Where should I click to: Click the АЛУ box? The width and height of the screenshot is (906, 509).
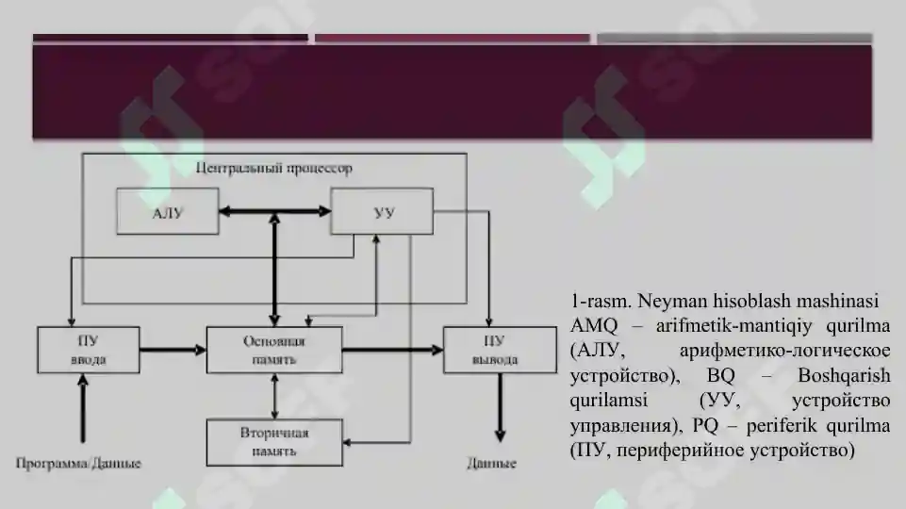pyautogui.click(x=168, y=211)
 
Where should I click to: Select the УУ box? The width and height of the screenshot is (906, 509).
pyautogui.click(x=382, y=211)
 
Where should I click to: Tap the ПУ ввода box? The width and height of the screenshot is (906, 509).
pyautogui.click(x=89, y=350)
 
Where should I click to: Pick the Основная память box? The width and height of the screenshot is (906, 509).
pyautogui.click(x=274, y=350)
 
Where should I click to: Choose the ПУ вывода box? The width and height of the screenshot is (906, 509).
pyautogui.click(x=500, y=350)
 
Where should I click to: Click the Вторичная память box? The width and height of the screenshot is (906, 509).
pyautogui.click(x=274, y=443)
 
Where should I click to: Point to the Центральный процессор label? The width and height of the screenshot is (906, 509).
pyautogui.click(x=274, y=168)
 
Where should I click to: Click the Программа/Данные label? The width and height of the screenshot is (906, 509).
pyautogui.click(x=78, y=463)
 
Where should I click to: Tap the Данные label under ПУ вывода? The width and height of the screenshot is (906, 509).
pyautogui.click(x=492, y=463)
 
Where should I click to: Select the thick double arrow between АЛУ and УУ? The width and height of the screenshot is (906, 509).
pyautogui.click(x=275, y=211)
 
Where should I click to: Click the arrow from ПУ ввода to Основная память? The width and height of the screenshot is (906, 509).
pyautogui.click(x=173, y=350)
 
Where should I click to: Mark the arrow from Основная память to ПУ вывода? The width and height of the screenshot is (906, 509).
pyautogui.click(x=393, y=350)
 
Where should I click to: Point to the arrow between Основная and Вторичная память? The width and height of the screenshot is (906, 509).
pyautogui.click(x=274, y=396)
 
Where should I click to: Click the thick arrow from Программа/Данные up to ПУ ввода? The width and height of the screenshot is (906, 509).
pyautogui.click(x=83, y=408)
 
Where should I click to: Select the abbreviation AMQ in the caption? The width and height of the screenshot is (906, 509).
pyautogui.click(x=593, y=326)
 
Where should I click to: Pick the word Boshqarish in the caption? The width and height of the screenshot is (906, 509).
pyautogui.click(x=844, y=375)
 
